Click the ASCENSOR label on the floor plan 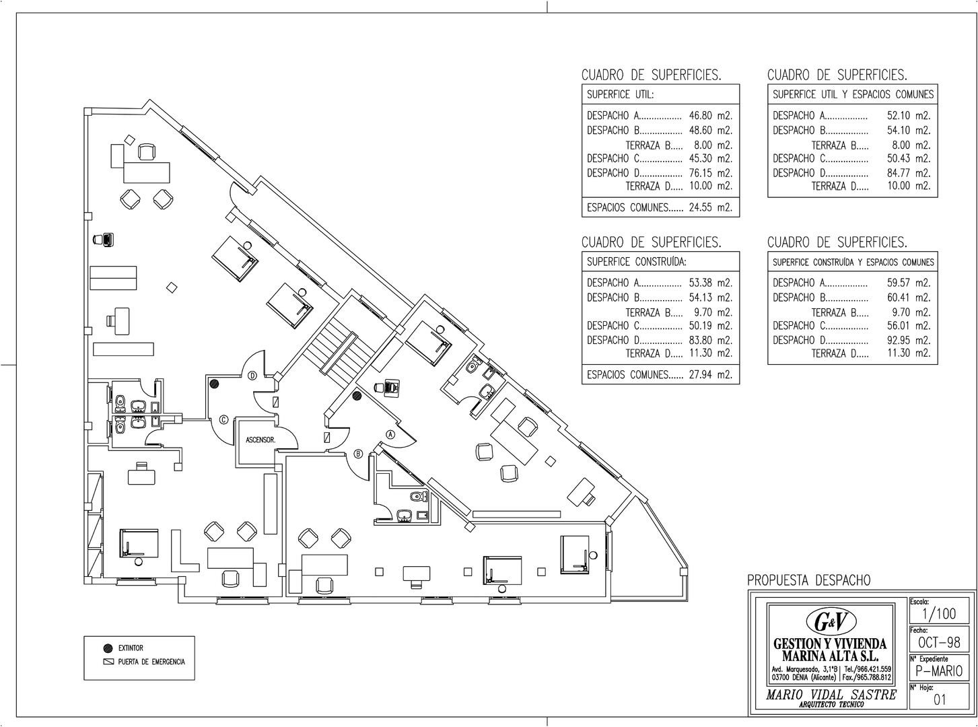click(x=260, y=440)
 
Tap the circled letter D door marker click(x=252, y=376)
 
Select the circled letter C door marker click(x=223, y=419)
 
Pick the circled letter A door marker click(x=390, y=435)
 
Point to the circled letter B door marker click(x=359, y=453)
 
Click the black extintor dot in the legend click(x=108, y=648)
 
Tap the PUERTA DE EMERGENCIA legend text click(x=151, y=662)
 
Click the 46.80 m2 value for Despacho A click(x=711, y=116)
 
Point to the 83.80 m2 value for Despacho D click(x=711, y=340)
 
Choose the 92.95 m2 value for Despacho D click(x=909, y=340)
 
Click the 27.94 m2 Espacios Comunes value click(x=711, y=374)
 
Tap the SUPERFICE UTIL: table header click(x=621, y=94)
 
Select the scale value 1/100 click(x=939, y=614)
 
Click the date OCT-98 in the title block click(x=939, y=642)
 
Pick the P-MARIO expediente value click(x=939, y=671)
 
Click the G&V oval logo click(x=831, y=622)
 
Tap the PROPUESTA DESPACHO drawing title click(x=809, y=580)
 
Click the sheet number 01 click(x=940, y=700)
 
